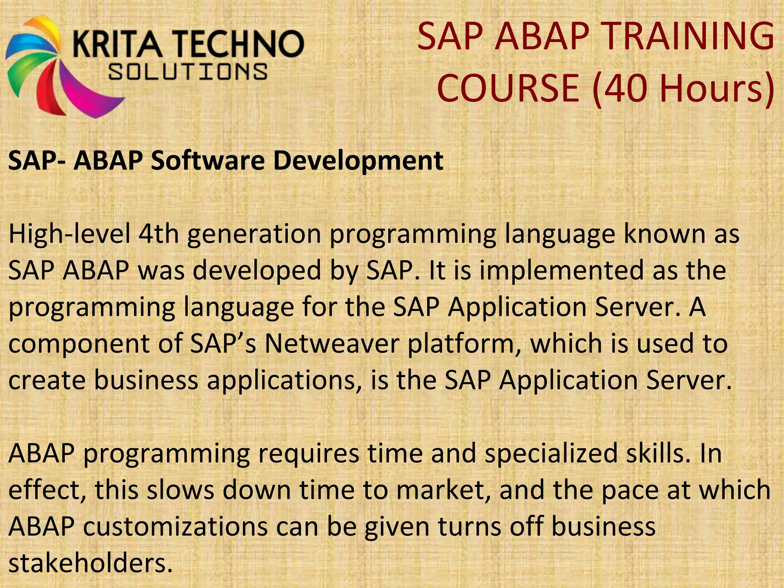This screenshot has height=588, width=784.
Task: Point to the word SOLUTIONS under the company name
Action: pyautogui.click(x=188, y=72)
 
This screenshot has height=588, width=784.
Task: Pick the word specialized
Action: pyautogui.click(x=551, y=454)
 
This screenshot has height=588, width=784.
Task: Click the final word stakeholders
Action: pyautogui.click(x=90, y=563)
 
